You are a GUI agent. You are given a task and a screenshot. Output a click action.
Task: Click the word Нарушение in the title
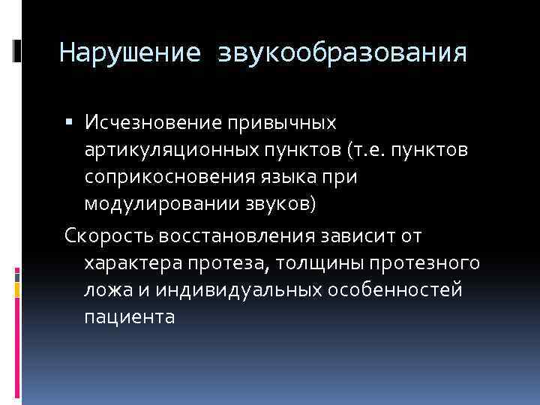pyautogui.click(x=129, y=53)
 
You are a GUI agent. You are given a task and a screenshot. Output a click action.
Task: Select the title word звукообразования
pyautogui.click(x=343, y=53)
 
